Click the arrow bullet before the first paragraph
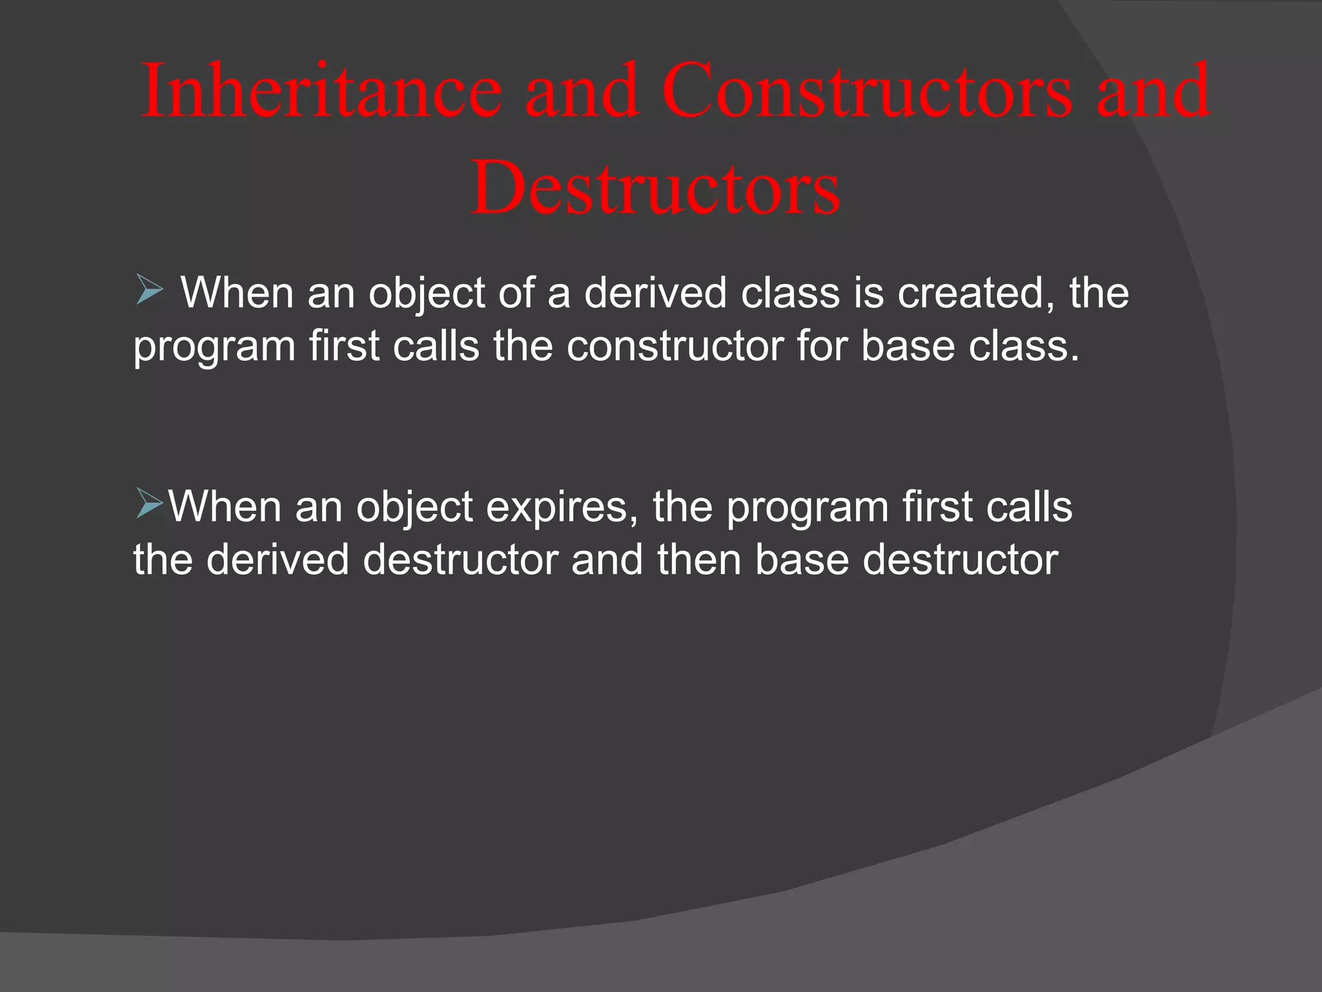pyautogui.click(x=149, y=290)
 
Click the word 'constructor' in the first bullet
pyautogui.click(x=675, y=346)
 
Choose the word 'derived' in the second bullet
pyautogui.click(x=278, y=559)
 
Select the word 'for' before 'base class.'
pyautogui.click(x=821, y=346)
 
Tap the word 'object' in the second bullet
pyautogui.click(x=414, y=508)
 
